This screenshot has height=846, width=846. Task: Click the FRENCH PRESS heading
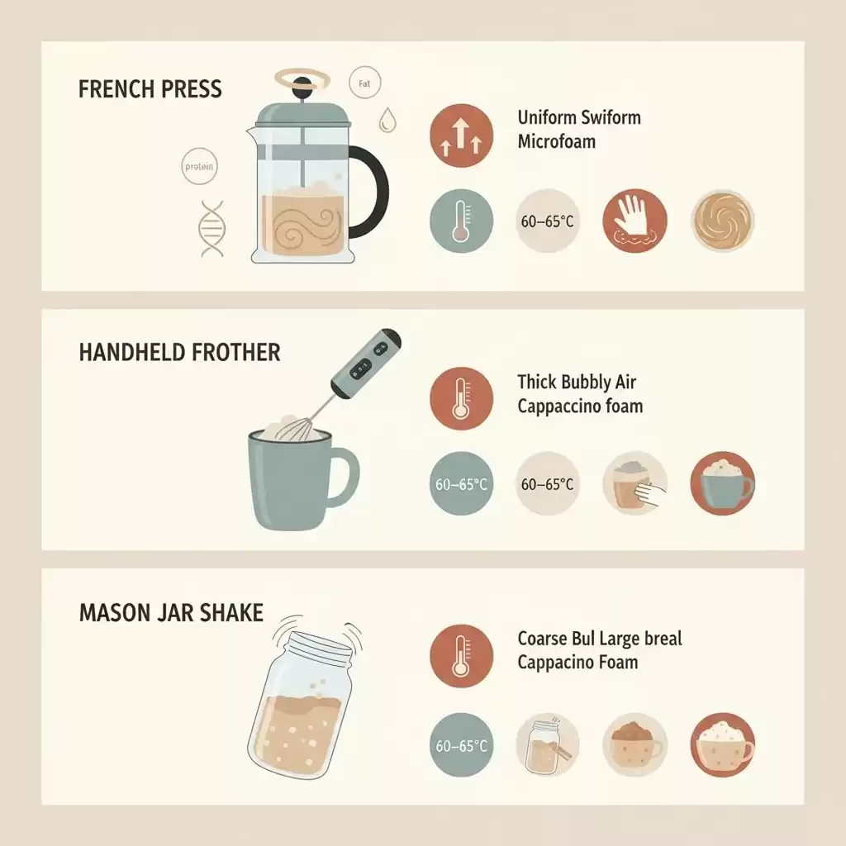150,89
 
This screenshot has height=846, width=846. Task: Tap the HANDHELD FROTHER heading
179,352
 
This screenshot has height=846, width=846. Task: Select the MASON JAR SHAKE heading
172,613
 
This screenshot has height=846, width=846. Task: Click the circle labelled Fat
364,83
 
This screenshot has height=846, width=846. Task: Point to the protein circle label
199,166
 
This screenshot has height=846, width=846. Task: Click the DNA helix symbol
212,229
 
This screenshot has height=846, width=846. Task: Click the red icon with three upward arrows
461,135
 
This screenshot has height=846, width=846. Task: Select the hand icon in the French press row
634,220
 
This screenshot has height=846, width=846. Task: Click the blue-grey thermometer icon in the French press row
461,221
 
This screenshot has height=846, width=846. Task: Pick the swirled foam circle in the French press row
722,221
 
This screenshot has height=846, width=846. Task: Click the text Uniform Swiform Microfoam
579,130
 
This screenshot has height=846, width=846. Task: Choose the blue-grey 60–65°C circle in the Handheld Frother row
461,483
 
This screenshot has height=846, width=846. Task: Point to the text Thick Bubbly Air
577,383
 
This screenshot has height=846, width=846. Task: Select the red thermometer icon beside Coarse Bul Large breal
461,656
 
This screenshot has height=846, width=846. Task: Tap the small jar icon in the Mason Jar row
547,745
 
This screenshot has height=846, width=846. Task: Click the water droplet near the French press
387,120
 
